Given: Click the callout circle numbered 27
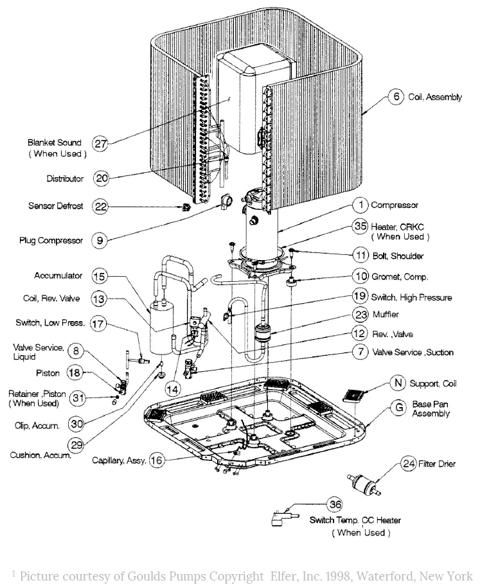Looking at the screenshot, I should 100,143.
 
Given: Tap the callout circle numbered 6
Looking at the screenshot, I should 396,98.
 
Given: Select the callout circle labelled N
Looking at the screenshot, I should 399,383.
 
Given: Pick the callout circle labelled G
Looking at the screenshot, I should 399,407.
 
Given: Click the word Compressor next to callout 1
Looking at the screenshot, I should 395,205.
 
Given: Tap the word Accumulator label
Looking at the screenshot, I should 58,275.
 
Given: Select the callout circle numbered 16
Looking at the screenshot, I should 156,460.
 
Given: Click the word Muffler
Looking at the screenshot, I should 386,315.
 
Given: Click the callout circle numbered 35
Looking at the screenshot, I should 360,226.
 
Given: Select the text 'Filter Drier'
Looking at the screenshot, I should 437,464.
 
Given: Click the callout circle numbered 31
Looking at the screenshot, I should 78,398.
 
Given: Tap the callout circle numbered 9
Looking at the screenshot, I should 99,241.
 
